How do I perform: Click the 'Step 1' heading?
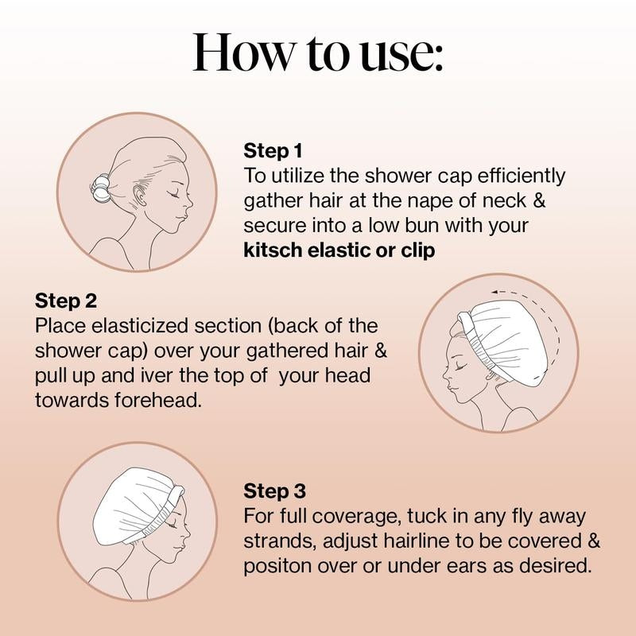pos(273,150)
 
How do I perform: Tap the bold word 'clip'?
pos(418,250)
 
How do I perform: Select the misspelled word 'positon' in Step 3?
pos(274,567)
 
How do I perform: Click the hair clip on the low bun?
pos(101,188)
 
